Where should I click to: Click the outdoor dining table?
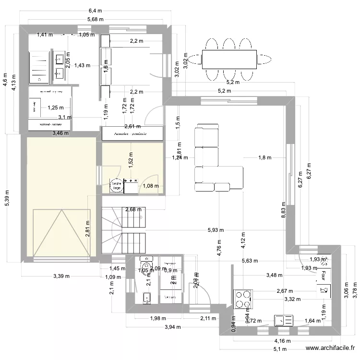(x=227, y=60)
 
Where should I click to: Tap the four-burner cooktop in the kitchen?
(x=243, y=299)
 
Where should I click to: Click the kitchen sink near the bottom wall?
(x=284, y=320)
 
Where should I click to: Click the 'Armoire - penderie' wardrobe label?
(x=131, y=134)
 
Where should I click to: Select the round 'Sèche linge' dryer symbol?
(x=116, y=186)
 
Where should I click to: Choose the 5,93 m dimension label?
(x=216, y=230)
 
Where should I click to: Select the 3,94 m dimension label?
(x=172, y=327)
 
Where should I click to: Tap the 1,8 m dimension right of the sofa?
(x=264, y=157)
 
